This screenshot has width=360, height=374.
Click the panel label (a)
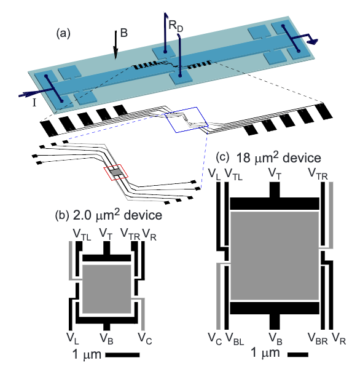(63, 33)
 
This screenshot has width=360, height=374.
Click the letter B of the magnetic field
(124, 33)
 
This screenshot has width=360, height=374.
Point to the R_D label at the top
(176, 26)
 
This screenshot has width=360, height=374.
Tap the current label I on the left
(34, 103)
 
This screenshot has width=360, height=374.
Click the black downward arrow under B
(115, 45)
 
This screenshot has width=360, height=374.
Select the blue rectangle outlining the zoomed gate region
(187, 120)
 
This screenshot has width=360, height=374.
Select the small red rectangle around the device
(116, 171)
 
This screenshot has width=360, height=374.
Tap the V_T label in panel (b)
(106, 234)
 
